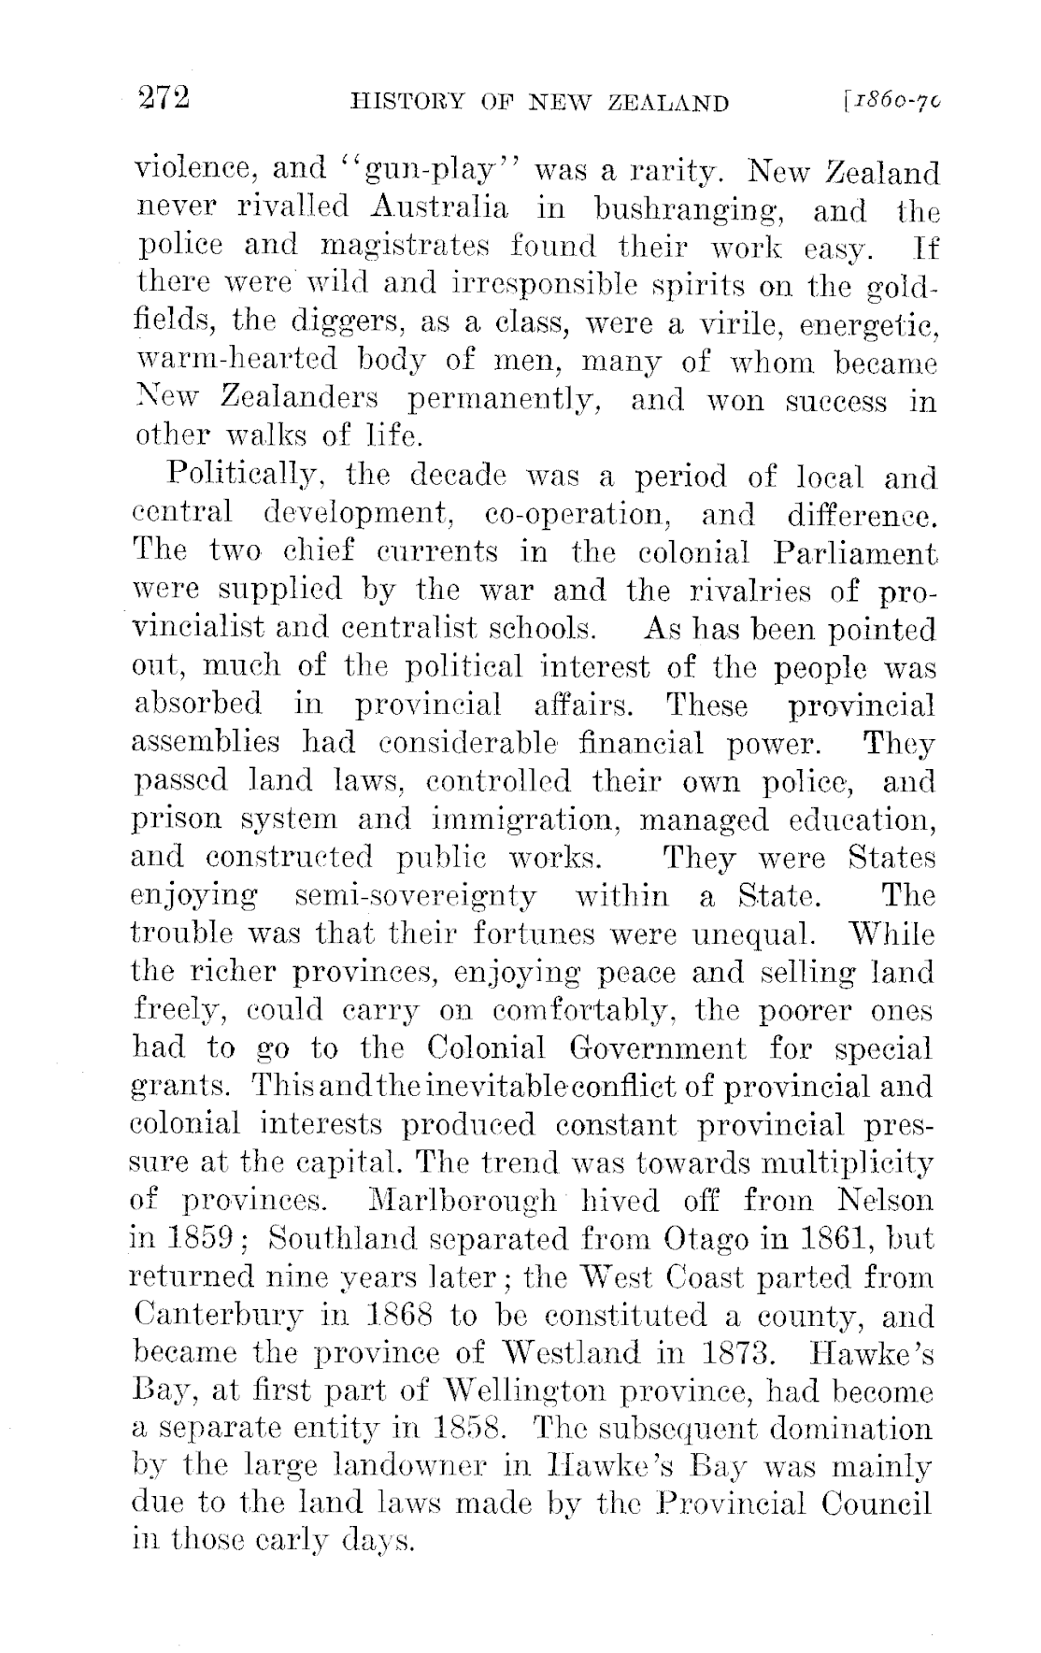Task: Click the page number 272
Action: [x=164, y=97]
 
